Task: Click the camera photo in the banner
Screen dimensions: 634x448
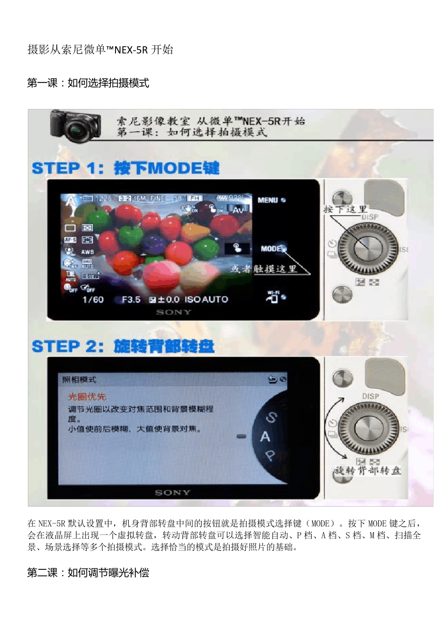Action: [76, 125]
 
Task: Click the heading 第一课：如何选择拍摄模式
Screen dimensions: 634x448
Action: [88, 83]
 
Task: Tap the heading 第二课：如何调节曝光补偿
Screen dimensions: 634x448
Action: [88, 573]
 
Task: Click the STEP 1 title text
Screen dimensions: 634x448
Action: [125, 168]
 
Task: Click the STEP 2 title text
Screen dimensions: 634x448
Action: [123, 346]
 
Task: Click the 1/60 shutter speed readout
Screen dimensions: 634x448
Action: [93, 300]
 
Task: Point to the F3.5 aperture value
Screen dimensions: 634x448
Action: [131, 300]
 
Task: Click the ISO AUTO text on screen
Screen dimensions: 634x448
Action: [206, 300]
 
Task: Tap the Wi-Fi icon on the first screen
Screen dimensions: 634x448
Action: [274, 297]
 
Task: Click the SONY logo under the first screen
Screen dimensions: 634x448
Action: [174, 312]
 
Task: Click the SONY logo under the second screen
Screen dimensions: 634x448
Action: [173, 492]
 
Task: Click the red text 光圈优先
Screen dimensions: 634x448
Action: [87, 396]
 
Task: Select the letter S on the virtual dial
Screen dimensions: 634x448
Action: [271, 417]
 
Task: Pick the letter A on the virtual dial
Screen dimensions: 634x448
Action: [265, 437]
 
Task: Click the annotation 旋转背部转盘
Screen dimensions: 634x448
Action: [367, 470]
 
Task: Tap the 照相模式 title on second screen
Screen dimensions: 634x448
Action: [79, 379]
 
